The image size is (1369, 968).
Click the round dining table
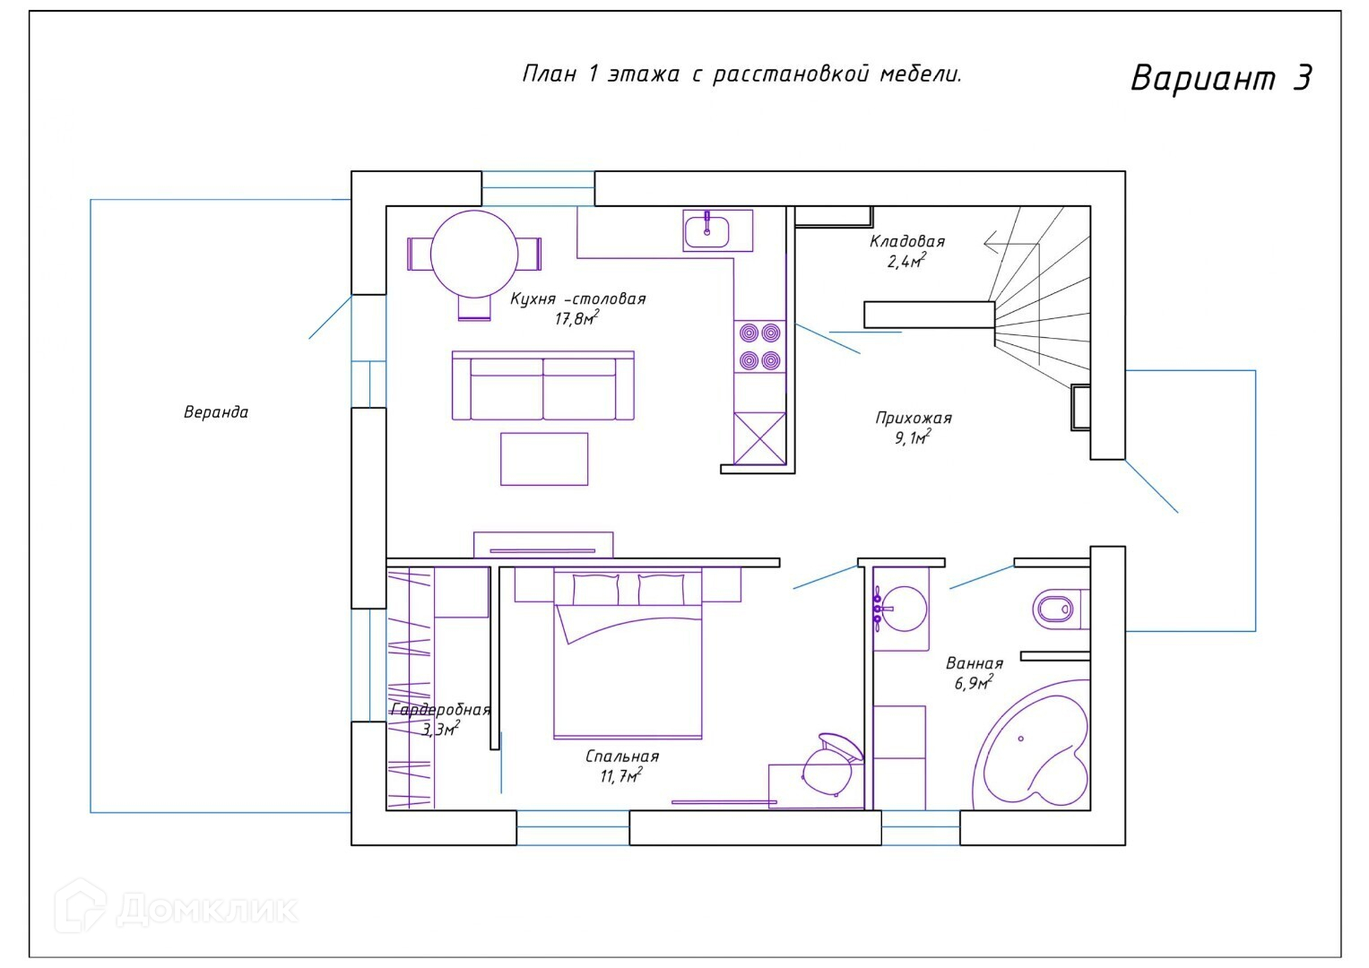474,254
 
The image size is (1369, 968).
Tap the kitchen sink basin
706,231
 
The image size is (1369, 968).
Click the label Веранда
216,412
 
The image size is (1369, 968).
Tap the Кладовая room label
907,241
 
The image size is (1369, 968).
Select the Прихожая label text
914,419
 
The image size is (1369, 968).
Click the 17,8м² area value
576,318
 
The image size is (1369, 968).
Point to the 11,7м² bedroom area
621,775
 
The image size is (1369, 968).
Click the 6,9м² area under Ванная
974,682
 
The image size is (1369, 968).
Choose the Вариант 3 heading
1221,78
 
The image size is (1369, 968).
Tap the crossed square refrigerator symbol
759,439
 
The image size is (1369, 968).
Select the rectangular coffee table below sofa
544,459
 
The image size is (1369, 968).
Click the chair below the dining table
474,308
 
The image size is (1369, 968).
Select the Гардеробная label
441,710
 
